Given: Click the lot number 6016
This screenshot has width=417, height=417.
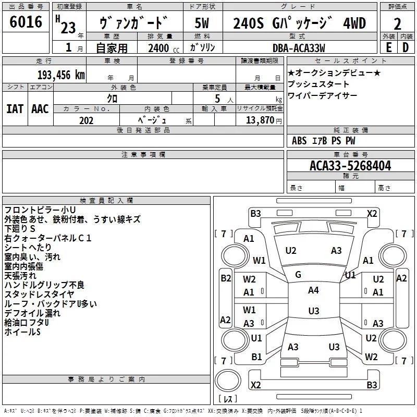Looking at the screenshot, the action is pos(26,23).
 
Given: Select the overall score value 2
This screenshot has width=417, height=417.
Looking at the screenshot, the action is pos(397,24).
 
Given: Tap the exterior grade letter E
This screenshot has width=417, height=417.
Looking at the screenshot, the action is pos(388,47).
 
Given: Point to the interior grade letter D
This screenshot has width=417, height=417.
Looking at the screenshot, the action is pos(406,47).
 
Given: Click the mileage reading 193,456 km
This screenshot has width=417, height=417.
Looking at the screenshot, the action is pos(61,75).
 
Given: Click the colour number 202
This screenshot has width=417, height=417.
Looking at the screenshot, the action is pos(86,120).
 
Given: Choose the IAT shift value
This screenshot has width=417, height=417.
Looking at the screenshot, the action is pos(15,108).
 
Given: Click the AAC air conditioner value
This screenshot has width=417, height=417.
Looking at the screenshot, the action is pos(40,108).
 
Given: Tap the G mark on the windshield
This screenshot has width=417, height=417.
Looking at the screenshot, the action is pos(298,274).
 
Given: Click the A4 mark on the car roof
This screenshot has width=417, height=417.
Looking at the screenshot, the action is pos(313,290).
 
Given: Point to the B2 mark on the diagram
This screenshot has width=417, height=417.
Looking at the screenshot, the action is pos(226,278).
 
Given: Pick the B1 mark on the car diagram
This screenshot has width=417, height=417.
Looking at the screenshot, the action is pos(256,357).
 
